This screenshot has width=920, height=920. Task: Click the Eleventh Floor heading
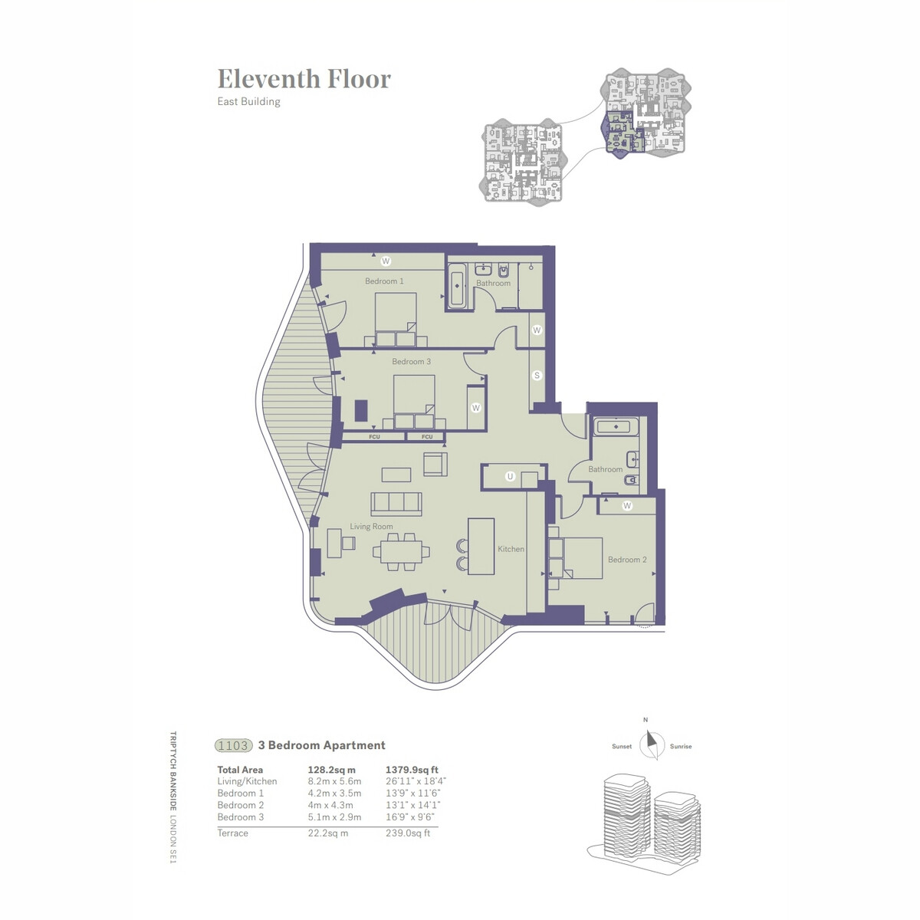pos(304,79)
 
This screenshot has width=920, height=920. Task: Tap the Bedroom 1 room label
pos(384,281)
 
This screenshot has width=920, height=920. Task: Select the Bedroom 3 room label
pos(411,361)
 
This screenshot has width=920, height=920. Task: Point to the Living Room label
pos(371,526)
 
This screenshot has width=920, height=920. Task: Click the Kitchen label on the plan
pos(511,549)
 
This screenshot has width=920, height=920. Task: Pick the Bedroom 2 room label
pos(627,560)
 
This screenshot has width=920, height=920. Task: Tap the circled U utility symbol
pos(510,476)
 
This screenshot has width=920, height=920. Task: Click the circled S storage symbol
pos(537,375)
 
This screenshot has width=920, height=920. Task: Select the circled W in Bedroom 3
pos(475,408)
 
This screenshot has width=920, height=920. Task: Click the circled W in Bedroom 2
pos(627,505)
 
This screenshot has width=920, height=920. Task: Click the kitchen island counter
pos(481,546)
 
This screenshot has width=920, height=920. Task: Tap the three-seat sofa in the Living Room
pos(396,504)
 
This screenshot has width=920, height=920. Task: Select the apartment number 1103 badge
pos(233,745)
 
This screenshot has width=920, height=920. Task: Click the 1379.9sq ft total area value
pos(412,770)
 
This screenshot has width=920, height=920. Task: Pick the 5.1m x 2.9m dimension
pos(334,816)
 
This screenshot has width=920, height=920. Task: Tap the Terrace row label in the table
pos(232,833)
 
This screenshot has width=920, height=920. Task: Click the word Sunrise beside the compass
pos(680,746)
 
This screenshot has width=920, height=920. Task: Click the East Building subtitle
pos(248,101)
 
